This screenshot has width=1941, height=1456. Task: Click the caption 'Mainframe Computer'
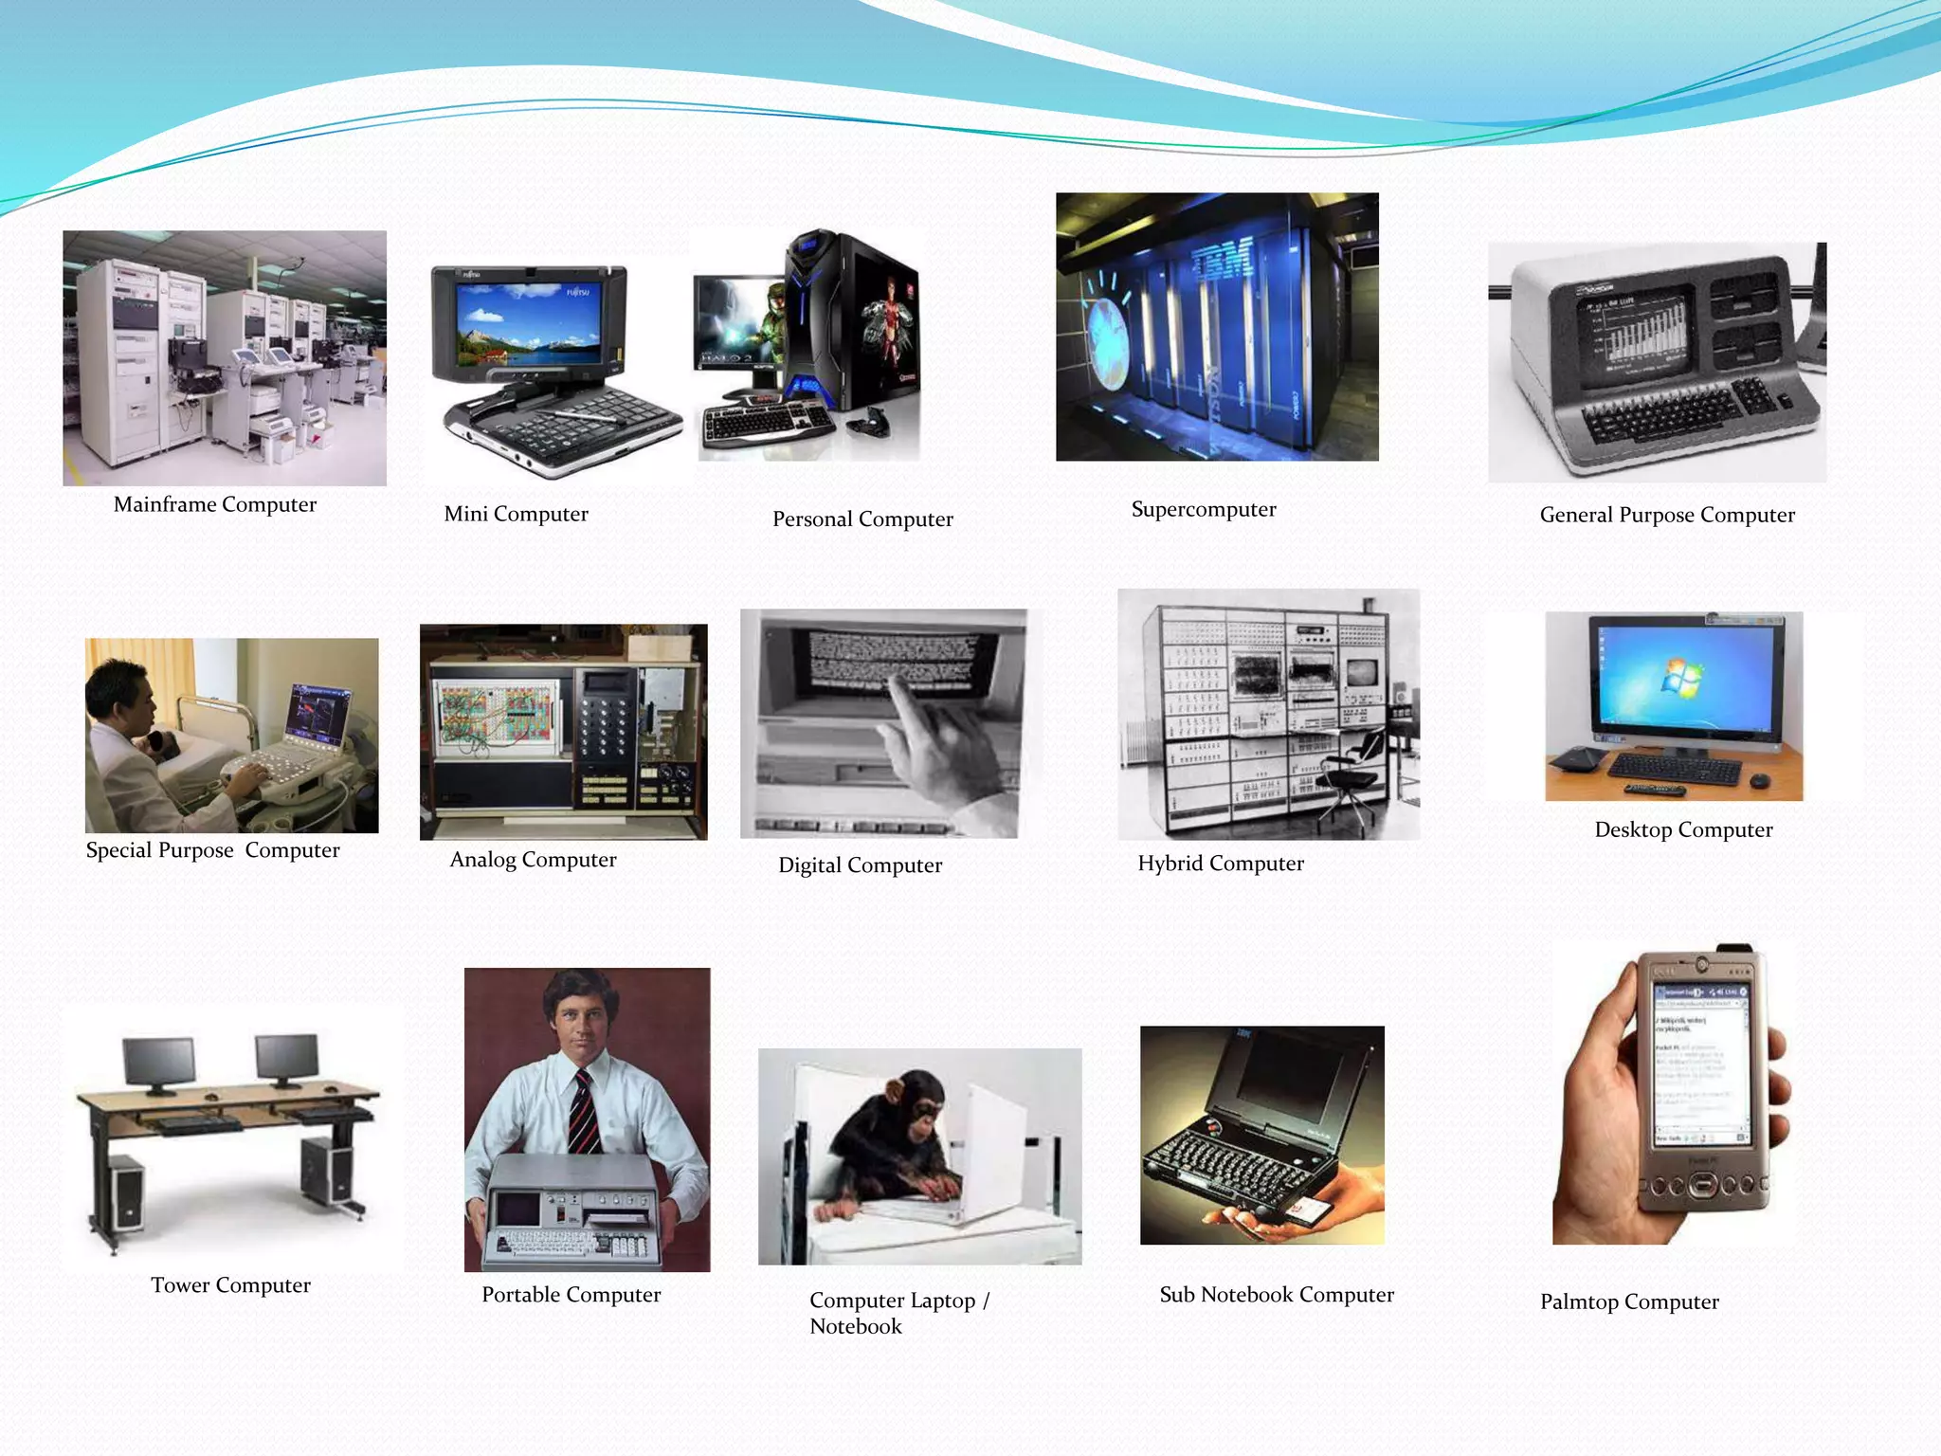coord(215,504)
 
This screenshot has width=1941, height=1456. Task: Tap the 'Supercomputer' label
coord(1204,509)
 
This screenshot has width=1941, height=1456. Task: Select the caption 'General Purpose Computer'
coord(1667,515)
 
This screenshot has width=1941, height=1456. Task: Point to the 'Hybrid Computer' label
coord(1221,863)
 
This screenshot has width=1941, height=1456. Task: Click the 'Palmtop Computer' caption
coord(1629,1301)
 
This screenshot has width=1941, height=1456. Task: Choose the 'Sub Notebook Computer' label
coord(1277,1294)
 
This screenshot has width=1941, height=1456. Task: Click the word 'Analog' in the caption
coord(482,860)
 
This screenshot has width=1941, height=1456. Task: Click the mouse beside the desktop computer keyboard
coord(1759,780)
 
